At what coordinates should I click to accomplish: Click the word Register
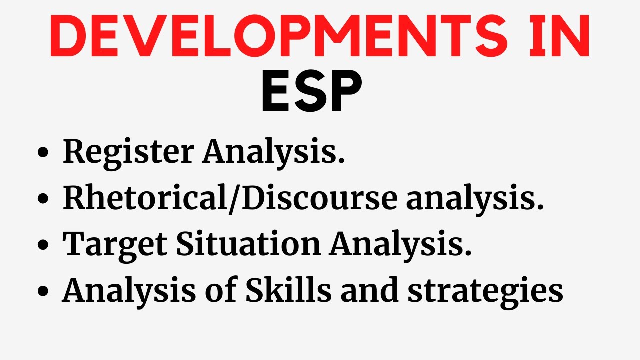[x=127, y=152]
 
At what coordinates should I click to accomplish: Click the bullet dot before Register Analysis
[x=43, y=153]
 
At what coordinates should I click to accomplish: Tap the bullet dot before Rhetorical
[x=43, y=199]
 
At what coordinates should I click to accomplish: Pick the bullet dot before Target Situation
[x=43, y=246]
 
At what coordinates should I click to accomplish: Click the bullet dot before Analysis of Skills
[x=43, y=292]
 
